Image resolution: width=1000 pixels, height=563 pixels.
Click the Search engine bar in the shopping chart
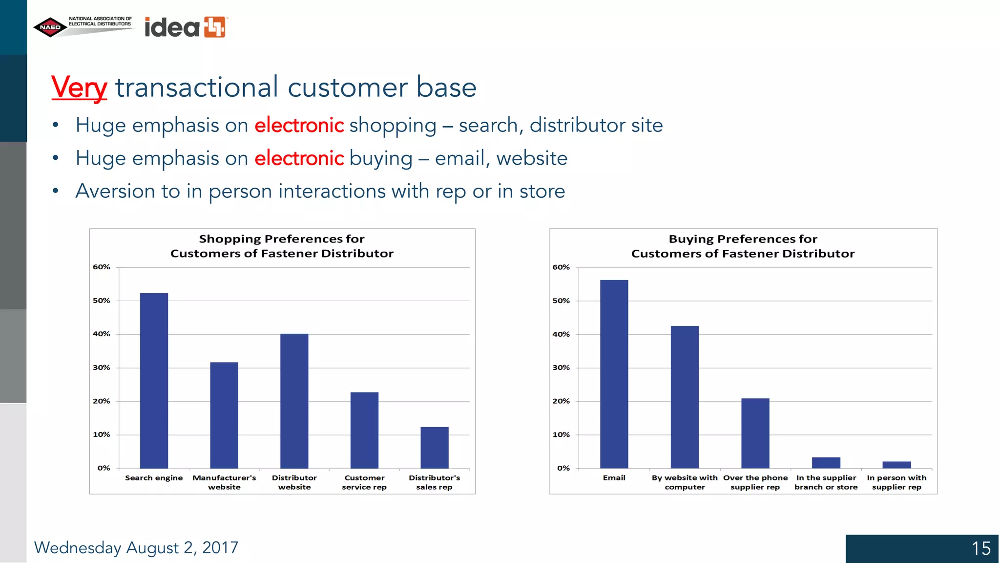pyautogui.click(x=154, y=381)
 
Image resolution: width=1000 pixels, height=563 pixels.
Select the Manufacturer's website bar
pyautogui.click(x=224, y=415)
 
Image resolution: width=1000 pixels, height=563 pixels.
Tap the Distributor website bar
pyautogui.click(x=294, y=401)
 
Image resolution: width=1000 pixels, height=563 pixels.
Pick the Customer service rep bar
pyautogui.click(x=364, y=430)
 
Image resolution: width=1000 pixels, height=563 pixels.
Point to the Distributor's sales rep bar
pyautogui.click(x=435, y=448)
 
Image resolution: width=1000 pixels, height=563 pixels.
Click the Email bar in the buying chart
pyautogui.click(x=614, y=374)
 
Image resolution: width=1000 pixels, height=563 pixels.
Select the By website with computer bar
pyautogui.click(x=685, y=397)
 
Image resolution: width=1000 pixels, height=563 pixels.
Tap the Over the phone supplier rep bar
pyautogui.click(x=755, y=433)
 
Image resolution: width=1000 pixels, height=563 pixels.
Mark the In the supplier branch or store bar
pyautogui.click(x=826, y=462)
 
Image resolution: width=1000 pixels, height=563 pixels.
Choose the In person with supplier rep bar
pyautogui.click(x=896, y=465)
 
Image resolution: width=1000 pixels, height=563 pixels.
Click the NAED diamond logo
pyautogui.click(x=50, y=27)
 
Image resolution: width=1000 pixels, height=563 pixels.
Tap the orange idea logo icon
pyautogui.click(x=215, y=27)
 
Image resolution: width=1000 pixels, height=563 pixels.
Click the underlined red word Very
pyautogui.click(x=79, y=88)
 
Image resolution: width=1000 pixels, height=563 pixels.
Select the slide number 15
pyautogui.click(x=980, y=548)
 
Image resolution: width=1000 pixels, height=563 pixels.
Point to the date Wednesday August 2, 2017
pyautogui.click(x=136, y=548)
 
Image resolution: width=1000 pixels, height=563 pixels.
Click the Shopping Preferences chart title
pyautogui.click(x=282, y=246)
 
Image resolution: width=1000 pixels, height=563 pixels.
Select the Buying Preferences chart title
pyautogui.click(x=743, y=246)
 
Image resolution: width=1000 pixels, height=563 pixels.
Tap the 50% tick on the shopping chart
pyautogui.click(x=102, y=301)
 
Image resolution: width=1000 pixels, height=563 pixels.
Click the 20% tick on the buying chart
pyautogui.click(x=561, y=401)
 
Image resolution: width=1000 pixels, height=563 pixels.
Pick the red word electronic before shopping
pyautogui.click(x=299, y=125)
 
